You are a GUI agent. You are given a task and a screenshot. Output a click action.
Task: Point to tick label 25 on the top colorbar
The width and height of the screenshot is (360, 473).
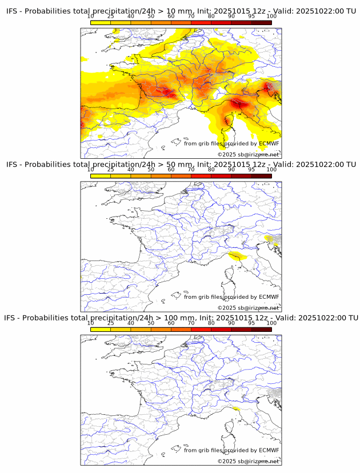tap(110, 16)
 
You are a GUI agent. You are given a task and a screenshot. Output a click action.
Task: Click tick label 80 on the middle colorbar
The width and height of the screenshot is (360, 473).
tap(211, 170)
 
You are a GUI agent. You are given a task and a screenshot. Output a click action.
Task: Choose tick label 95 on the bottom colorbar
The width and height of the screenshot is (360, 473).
tap(251, 323)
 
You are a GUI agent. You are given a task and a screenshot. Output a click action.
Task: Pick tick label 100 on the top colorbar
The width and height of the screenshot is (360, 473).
tap(271, 16)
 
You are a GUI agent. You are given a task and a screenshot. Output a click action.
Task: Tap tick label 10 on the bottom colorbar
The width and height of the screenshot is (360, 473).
tap(91, 323)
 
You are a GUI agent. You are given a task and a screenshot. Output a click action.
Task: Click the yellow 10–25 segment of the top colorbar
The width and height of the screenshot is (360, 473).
tap(101, 22)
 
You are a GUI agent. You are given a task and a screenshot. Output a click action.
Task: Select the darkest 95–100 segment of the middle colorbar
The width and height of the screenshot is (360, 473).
tap(261, 176)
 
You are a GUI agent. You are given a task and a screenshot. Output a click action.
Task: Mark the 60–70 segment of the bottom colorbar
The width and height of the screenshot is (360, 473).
tap(181, 329)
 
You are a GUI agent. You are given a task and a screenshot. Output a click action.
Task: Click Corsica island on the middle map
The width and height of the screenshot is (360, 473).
tap(231, 282)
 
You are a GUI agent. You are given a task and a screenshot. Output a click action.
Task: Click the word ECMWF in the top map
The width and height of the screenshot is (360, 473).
tap(269, 143)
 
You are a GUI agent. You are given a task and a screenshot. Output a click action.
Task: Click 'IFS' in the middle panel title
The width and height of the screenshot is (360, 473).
tap(12, 165)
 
